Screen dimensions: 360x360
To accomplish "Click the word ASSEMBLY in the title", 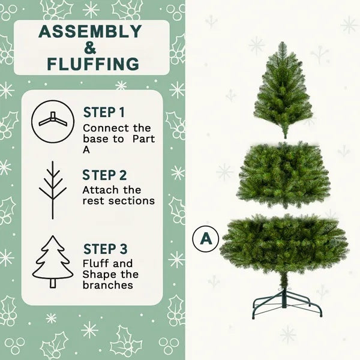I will pyautogui.click(x=92, y=32).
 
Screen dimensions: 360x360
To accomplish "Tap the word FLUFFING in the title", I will pyautogui.click(x=92, y=64).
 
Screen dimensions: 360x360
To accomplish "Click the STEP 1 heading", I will pyautogui.click(x=104, y=112).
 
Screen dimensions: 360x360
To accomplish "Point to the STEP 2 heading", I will pyautogui.click(x=105, y=175).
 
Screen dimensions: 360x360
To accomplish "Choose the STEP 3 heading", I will pyautogui.click(x=105, y=249).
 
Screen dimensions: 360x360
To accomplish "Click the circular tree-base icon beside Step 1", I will pyautogui.click(x=51, y=120).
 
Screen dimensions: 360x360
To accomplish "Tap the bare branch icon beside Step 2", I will pyautogui.click(x=52, y=190).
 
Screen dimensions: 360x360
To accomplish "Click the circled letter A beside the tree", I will pyautogui.click(x=206, y=238).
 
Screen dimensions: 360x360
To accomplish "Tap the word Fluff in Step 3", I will pyautogui.click(x=94, y=263).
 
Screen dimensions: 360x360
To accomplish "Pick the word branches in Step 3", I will pyautogui.click(x=107, y=285).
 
